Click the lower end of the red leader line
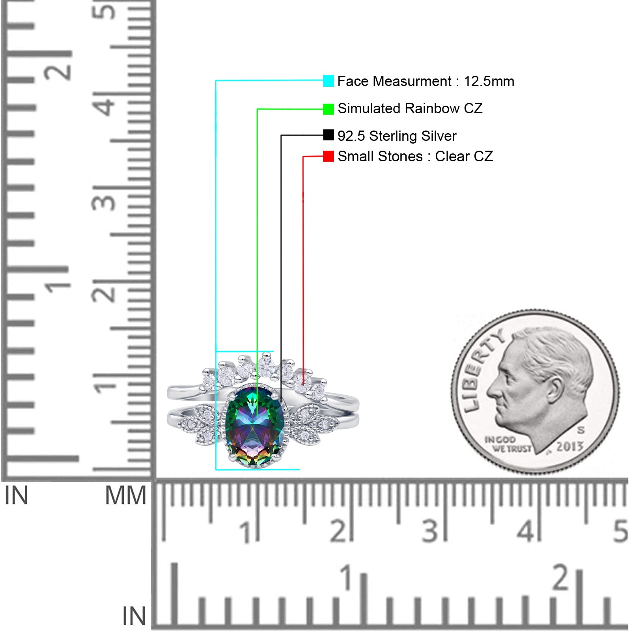[x=303, y=385]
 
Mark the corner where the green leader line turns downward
[x=258, y=109]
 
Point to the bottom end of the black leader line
[x=281, y=401]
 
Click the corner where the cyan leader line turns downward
[x=216, y=81]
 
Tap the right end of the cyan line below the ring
[x=300, y=469]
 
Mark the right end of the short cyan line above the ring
[x=273, y=351]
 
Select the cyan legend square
[x=329, y=81]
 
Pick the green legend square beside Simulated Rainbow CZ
[x=329, y=109]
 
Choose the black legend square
[x=329, y=135]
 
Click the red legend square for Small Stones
[x=329, y=156]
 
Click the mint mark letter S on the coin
[x=581, y=429]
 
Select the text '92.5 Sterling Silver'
[x=397, y=136]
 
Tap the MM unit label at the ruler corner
[x=125, y=495]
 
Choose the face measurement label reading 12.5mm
[x=489, y=81]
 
